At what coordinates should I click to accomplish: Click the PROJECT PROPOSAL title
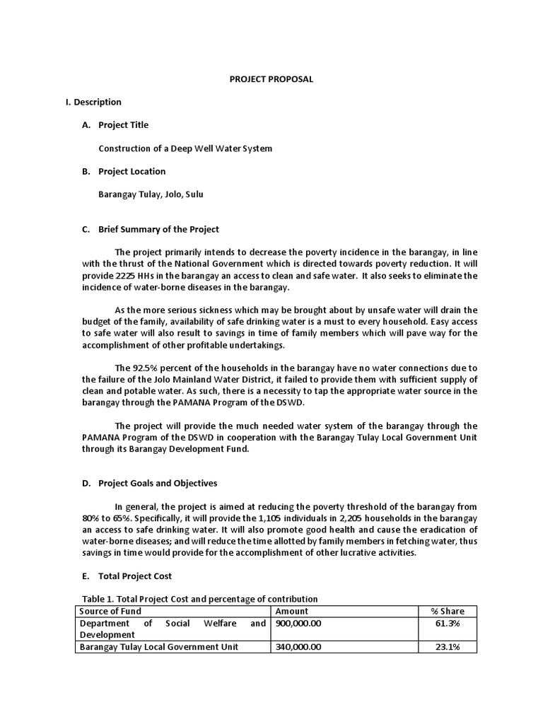point(271,79)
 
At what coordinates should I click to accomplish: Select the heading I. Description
point(93,102)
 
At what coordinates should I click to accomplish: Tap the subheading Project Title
point(123,125)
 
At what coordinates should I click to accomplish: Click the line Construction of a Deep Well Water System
point(185,148)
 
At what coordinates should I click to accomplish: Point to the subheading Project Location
point(132,171)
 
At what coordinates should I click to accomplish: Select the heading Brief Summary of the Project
point(158,229)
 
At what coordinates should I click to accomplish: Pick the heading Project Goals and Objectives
point(158,483)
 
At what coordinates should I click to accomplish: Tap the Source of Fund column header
point(110,611)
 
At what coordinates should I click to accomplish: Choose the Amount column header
point(291,611)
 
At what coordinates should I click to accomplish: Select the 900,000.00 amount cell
point(298,623)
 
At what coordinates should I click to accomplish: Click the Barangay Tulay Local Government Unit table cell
point(159,646)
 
